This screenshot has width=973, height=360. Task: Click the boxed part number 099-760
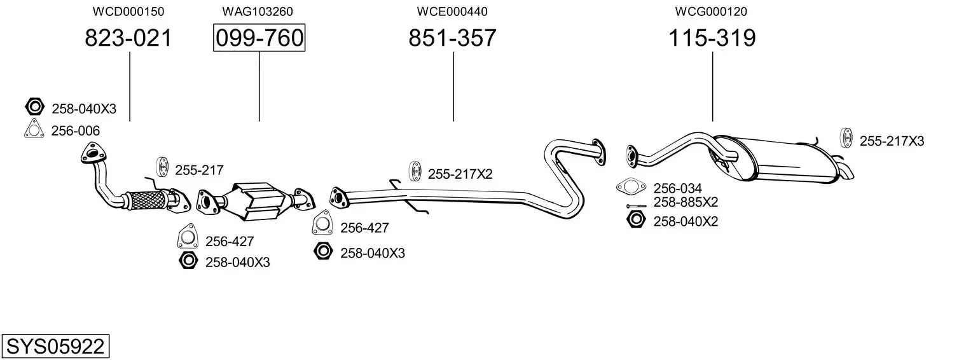click(259, 38)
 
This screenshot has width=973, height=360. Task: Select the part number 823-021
click(128, 38)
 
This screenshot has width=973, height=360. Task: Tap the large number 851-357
click(452, 38)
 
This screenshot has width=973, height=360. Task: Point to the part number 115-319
click(712, 38)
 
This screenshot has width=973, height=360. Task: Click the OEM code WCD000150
click(128, 11)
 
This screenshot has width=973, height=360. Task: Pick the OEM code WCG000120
click(711, 11)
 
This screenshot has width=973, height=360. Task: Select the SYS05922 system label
click(55, 347)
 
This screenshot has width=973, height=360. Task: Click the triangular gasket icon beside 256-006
click(34, 129)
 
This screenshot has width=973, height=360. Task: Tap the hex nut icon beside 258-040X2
click(636, 219)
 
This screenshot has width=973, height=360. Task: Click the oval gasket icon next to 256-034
click(631, 187)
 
